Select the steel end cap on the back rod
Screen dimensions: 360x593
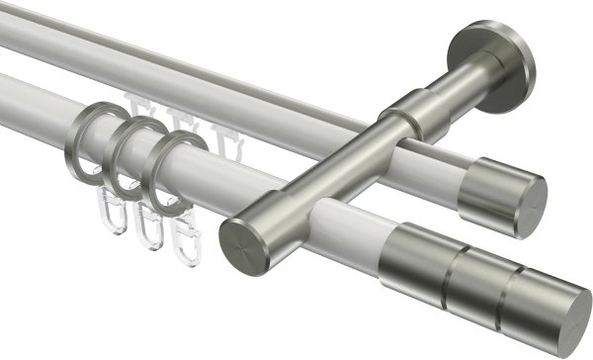pyautogui.click(x=504, y=194)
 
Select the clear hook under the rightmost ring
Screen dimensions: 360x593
pyautogui.click(x=185, y=237)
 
